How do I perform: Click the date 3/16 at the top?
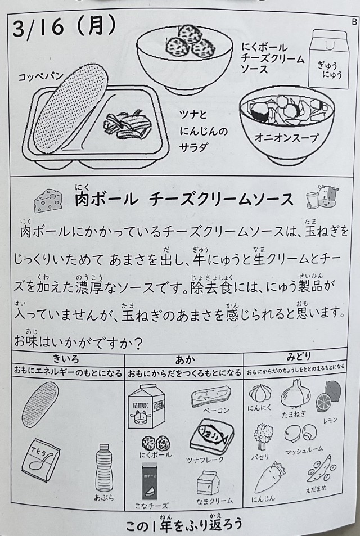click(39, 28)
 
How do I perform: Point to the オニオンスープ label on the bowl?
click(286, 138)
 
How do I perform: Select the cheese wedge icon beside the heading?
click(48, 201)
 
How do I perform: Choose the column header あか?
click(185, 359)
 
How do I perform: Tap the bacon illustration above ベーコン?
click(211, 396)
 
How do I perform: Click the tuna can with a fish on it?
click(211, 436)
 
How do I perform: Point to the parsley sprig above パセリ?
click(263, 436)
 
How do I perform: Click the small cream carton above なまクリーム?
click(208, 483)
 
